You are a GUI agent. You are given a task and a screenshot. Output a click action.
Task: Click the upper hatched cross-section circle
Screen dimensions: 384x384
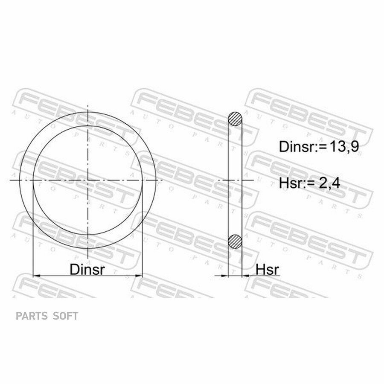click(235, 119)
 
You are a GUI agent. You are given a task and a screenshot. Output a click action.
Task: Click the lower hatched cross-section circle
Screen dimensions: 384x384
click(235, 241)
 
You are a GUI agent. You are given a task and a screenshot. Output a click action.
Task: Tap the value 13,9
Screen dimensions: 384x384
click(344, 147)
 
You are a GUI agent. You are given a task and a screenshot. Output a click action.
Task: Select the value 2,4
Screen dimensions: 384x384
click(329, 183)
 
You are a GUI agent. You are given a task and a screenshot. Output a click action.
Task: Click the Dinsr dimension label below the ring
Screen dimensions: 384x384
click(87, 269)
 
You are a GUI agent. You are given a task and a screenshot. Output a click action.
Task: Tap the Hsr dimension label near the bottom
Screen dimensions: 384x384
click(267, 270)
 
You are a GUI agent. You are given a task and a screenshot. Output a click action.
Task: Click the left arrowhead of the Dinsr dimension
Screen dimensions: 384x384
click(36, 276)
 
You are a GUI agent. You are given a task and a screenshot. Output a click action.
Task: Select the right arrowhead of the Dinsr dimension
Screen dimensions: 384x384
click(139, 276)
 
